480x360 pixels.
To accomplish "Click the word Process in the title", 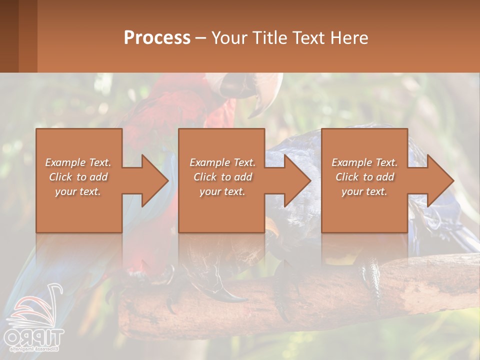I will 157,38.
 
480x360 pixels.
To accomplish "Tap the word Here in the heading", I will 349,38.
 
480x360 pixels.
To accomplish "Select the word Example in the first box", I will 65,162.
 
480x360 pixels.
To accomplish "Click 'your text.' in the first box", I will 78,191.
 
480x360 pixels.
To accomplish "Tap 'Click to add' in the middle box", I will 223,177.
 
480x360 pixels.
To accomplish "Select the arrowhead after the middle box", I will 297,180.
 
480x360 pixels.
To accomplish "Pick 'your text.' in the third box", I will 364,191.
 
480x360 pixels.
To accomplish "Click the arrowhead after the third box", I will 439,180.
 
